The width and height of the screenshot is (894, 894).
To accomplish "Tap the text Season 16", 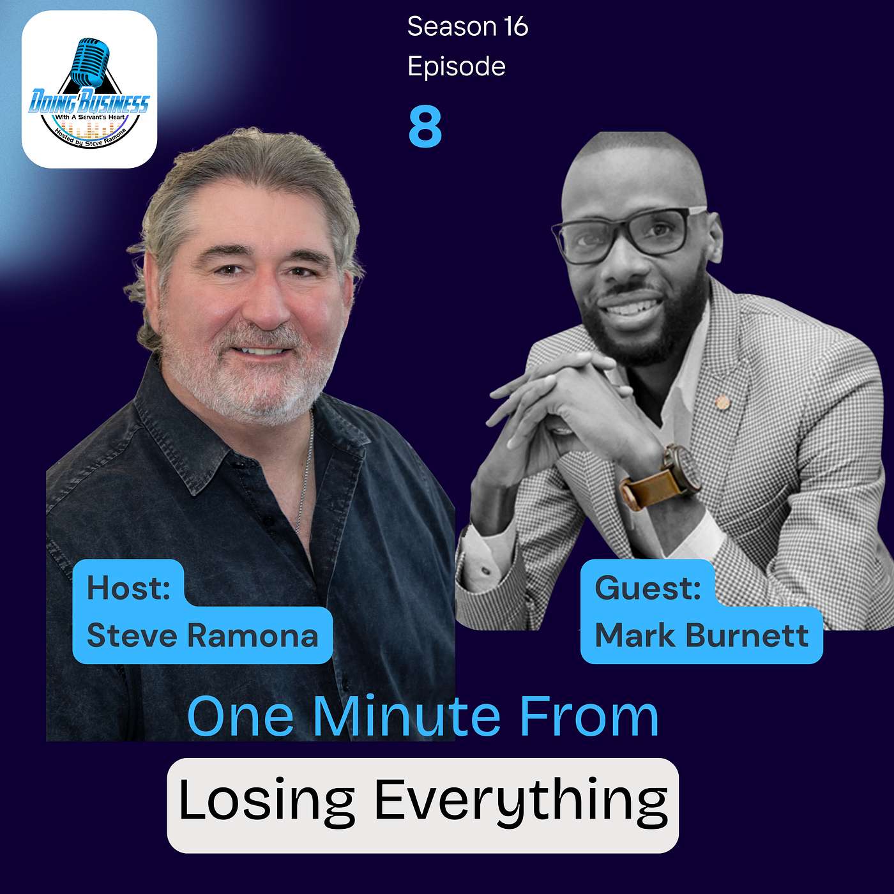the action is tap(467, 26).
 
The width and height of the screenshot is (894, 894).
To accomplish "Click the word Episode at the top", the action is tap(457, 67).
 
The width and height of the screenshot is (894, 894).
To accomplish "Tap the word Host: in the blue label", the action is tap(128, 587).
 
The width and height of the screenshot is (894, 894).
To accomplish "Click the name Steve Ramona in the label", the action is tap(202, 635).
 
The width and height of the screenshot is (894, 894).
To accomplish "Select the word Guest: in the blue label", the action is tap(648, 587).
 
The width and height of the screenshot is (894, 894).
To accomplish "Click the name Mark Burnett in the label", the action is tap(702, 635).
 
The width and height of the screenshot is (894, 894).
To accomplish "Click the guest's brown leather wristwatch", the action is tap(662, 478).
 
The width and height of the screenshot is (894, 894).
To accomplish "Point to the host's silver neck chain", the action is tap(305, 473).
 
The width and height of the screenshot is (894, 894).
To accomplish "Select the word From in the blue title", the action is tap(589, 717).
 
